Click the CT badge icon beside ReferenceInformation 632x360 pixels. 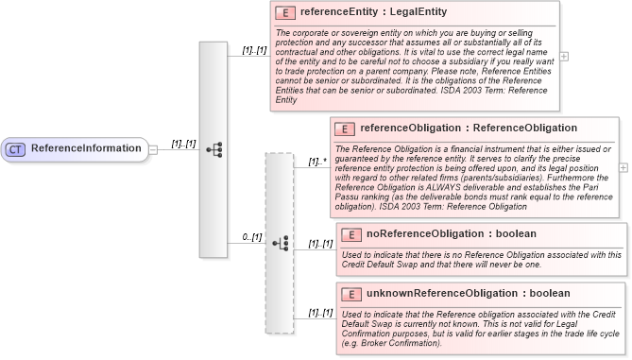[x=16, y=149]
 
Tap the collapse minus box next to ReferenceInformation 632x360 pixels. [x=153, y=149]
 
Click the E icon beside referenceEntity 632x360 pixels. [x=284, y=14]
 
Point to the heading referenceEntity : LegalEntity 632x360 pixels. [x=373, y=13]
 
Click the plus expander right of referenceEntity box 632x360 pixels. [x=564, y=56]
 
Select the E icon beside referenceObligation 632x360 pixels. [x=346, y=128]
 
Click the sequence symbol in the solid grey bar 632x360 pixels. [x=214, y=149]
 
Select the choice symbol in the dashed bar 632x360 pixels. [x=280, y=243]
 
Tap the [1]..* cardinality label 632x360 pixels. [x=317, y=162]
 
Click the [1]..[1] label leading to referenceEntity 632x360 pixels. [x=254, y=49]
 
